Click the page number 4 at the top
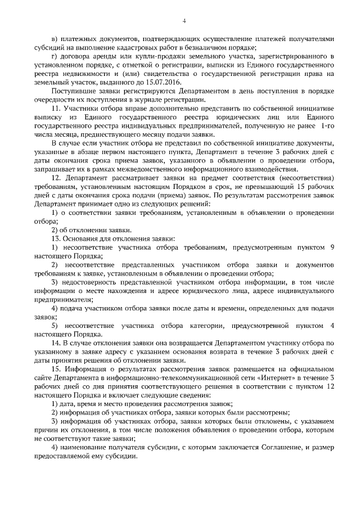tap(184, 21)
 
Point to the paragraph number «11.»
tap(56, 107)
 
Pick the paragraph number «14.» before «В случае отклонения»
tap(56, 343)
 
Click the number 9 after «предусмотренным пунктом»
tap(332, 247)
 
